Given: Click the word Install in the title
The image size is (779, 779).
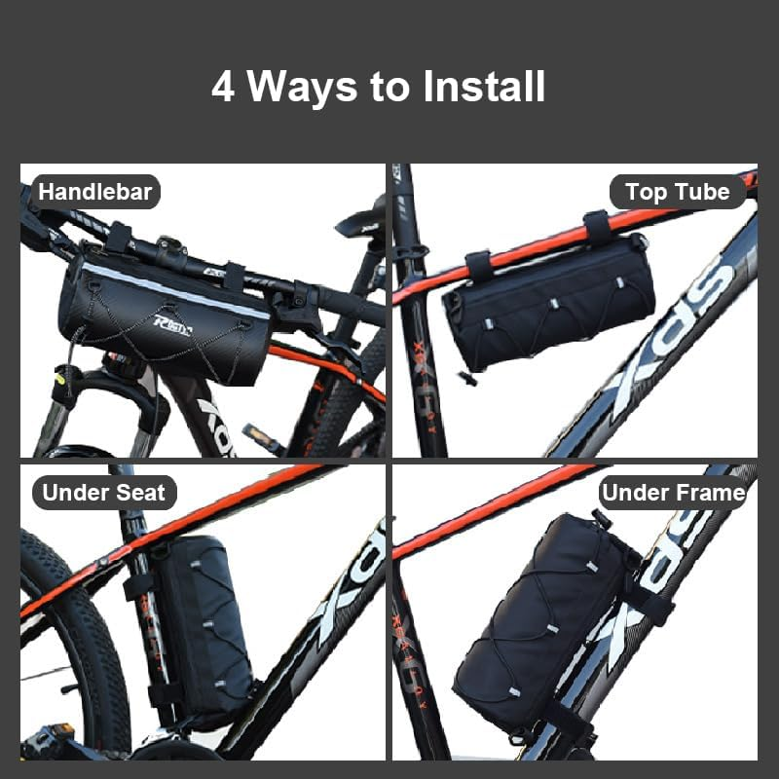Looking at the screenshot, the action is click(x=484, y=87).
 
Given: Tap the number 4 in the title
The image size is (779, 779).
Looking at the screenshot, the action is click(x=223, y=87).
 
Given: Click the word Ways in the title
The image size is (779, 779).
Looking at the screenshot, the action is click(x=302, y=89).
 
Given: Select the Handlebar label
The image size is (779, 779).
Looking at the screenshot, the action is click(x=94, y=192).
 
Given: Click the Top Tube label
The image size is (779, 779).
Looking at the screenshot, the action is click(x=678, y=192).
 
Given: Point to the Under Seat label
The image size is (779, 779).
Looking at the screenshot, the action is click(x=104, y=493).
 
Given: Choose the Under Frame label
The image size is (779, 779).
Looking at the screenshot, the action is click(x=674, y=493).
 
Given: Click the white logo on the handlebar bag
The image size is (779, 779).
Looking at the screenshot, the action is click(x=172, y=325).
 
